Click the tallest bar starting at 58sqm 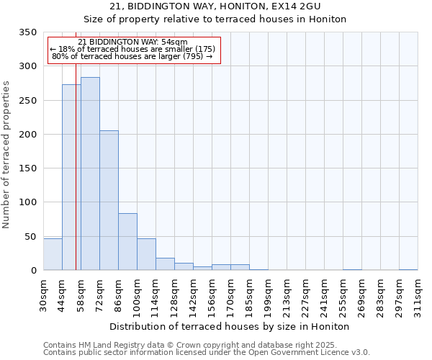[90, 174]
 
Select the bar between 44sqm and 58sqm [71, 177]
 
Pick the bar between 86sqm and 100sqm [127, 242]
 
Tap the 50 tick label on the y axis [30, 237]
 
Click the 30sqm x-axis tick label [44, 296]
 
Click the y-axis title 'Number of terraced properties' [6, 155]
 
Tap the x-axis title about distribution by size [230, 327]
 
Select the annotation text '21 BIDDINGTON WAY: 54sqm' [132, 42]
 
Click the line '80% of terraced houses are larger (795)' [132, 56]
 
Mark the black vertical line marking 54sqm [76, 180]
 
